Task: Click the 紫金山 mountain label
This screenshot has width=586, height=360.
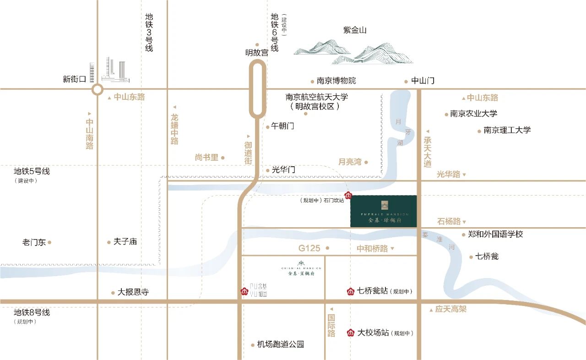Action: (x=355, y=31)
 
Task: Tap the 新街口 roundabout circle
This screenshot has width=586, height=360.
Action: (x=97, y=89)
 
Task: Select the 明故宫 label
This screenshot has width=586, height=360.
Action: (x=256, y=52)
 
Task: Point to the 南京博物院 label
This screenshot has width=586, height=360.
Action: (x=336, y=81)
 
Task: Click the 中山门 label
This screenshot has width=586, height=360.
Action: (x=423, y=81)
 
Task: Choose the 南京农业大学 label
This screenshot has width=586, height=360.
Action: (x=473, y=114)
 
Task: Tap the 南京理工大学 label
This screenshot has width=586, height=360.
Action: (x=507, y=130)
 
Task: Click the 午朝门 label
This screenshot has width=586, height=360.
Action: (x=282, y=126)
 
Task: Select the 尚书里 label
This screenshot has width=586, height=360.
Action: (x=206, y=157)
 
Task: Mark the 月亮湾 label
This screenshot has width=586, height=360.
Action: (x=350, y=162)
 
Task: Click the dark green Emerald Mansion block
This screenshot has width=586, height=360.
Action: (x=384, y=211)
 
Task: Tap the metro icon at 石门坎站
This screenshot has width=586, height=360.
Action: (x=348, y=196)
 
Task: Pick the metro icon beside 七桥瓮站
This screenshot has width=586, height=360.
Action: (x=351, y=291)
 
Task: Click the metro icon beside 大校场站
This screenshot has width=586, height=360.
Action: (x=351, y=333)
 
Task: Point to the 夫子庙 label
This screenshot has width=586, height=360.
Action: (x=125, y=241)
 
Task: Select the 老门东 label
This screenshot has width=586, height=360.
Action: (x=34, y=242)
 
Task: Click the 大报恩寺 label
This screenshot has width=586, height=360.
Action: (x=133, y=292)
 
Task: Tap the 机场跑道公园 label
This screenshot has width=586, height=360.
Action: (x=280, y=344)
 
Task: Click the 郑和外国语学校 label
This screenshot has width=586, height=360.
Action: (x=495, y=234)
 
